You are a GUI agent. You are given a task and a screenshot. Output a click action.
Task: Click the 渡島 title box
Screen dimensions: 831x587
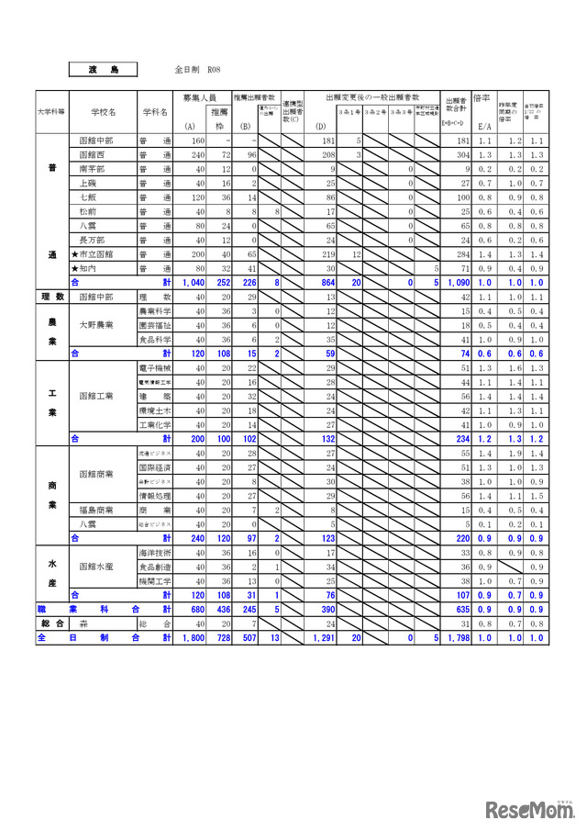pyautogui.click(x=103, y=69)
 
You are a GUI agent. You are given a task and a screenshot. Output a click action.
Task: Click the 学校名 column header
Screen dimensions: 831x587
pyautogui.click(x=104, y=112)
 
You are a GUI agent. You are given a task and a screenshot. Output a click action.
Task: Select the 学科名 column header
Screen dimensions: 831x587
pyautogui.click(x=155, y=112)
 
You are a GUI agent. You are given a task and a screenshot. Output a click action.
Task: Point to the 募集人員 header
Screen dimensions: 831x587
pyautogui.click(x=199, y=96)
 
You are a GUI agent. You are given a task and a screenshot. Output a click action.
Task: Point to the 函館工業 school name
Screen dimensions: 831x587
pyautogui.click(x=95, y=396)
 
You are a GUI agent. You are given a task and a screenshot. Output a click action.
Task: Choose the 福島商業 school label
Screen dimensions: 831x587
pyautogui.click(x=95, y=510)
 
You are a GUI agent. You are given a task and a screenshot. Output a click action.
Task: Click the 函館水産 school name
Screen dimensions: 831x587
pyautogui.click(x=95, y=567)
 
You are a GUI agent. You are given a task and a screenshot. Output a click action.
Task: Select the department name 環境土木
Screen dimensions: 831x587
pyautogui.click(x=154, y=410)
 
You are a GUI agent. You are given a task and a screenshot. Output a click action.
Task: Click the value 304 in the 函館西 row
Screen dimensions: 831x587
pyautogui.click(x=461, y=155)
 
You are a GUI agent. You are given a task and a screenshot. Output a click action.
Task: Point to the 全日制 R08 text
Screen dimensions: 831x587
pyautogui.click(x=196, y=70)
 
